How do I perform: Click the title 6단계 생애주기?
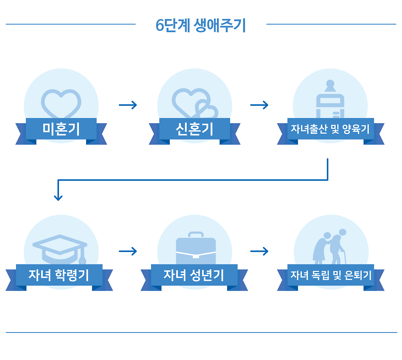click(201, 25)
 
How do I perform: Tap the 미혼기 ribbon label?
click(61, 129)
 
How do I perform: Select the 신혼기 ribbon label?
click(195, 129)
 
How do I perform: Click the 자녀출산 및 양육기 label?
click(330, 129)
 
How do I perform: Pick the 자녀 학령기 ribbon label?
click(59, 275)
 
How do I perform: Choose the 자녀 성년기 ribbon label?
click(194, 275)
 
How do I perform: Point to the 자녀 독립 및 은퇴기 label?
click(331, 275)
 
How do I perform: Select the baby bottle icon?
click(330, 100)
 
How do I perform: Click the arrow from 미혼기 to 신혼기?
click(128, 105)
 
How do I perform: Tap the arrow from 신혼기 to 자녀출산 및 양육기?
click(259, 105)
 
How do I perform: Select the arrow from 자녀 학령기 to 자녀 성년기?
click(128, 251)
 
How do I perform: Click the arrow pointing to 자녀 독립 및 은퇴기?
click(259, 251)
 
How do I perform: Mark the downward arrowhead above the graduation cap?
click(58, 197)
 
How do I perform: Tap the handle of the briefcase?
click(196, 234)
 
